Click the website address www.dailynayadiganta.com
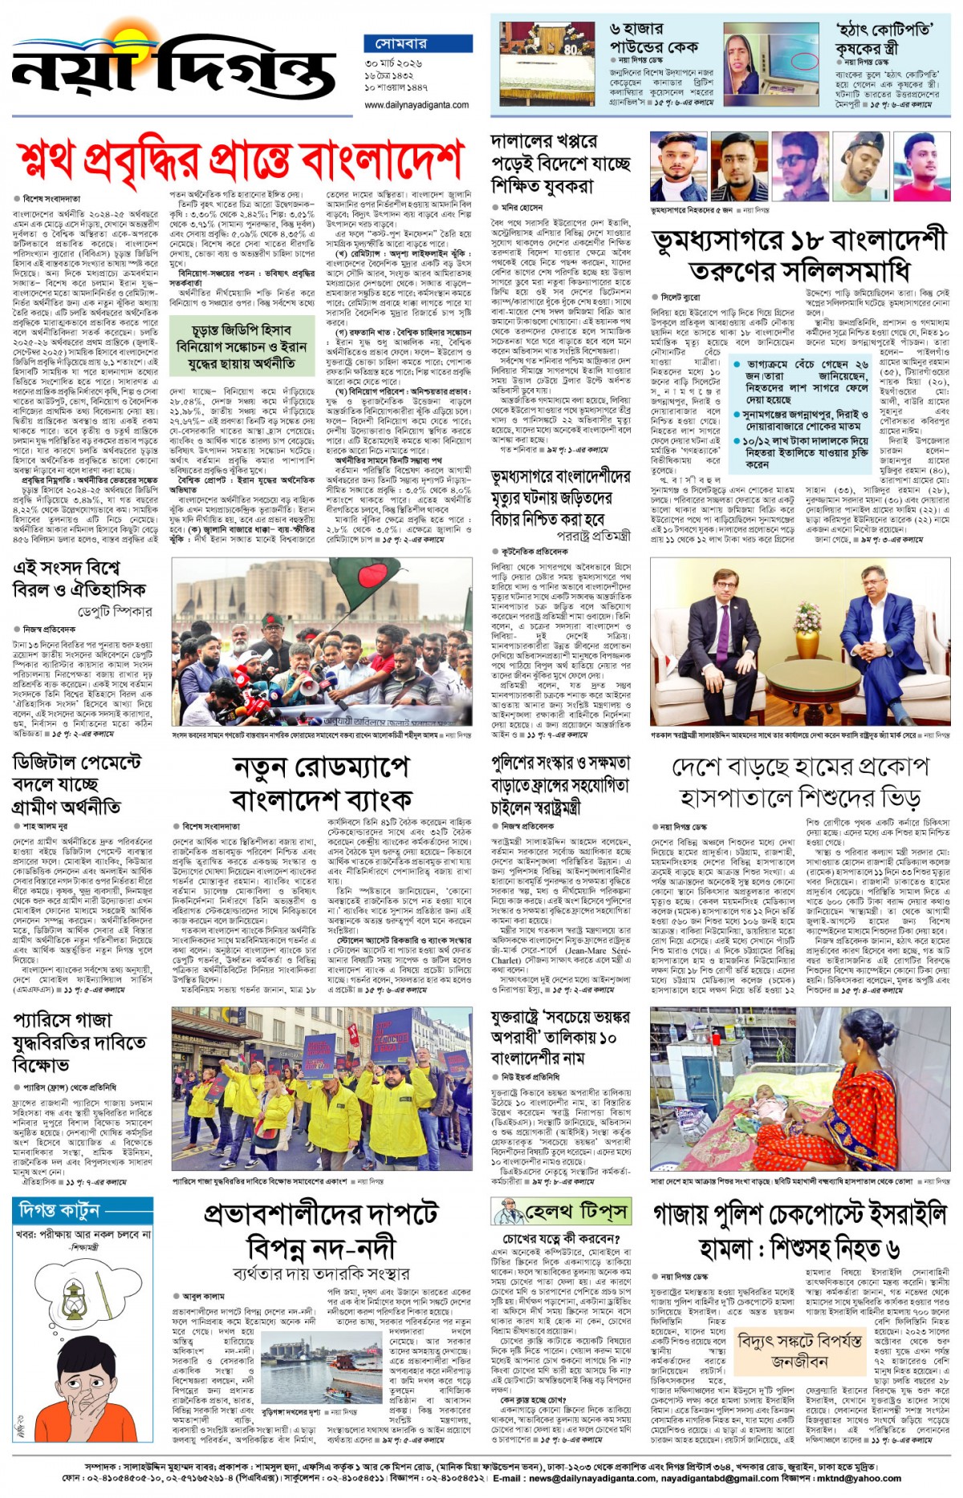[416, 104]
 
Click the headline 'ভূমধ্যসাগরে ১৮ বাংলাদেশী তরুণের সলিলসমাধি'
[798, 255]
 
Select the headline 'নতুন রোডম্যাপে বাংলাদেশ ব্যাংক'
[321, 783]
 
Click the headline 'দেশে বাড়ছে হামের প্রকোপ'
[799, 782]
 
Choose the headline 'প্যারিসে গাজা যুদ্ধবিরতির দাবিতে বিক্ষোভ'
[79, 1042]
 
